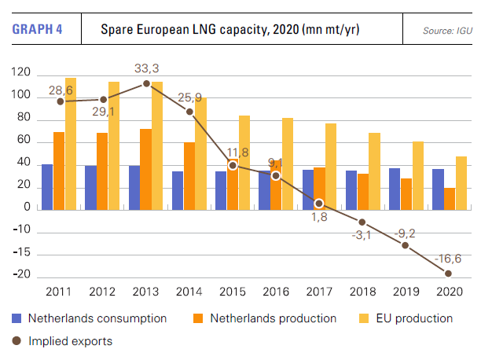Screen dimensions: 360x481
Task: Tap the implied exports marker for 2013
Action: pyautogui.click(x=146, y=83)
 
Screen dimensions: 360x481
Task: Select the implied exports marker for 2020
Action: pyautogui.click(x=449, y=273)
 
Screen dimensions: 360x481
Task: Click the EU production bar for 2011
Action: pyautogui.click(x=71, y=143)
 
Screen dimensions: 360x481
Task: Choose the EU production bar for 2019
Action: pyautogui.click(x=417, y=174)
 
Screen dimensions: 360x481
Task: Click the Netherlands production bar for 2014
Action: pyautogui.click(x=189, y=175)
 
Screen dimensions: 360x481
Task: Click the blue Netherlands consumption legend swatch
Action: pyautogui.click(x=17, y=319)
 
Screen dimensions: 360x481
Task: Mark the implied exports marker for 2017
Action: pyautogui.click(x=319, y=204)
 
